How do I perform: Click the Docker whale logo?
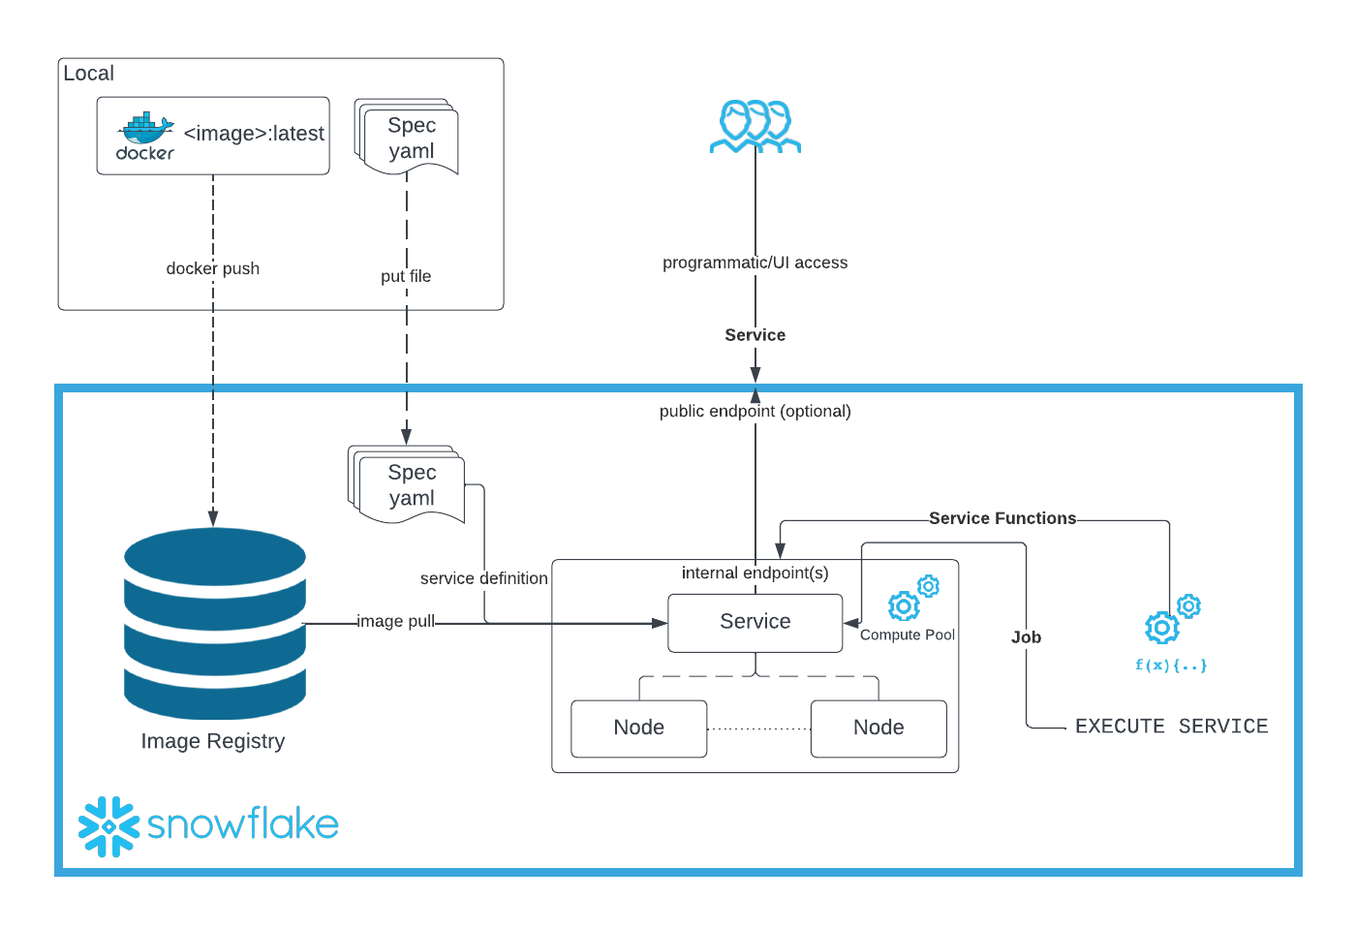[x=145, y=134]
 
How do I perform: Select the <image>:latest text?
[x=254, y=134]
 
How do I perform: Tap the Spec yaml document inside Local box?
[x=410, y=138]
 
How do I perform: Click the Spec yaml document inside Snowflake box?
[x=410, y=485]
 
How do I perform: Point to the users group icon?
[x=755, y=127]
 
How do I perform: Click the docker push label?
[x=213, y=268]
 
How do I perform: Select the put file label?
[x=406, y=276]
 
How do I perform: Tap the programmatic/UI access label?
[x=755, y=263]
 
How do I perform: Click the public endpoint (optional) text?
[x=755, y=411]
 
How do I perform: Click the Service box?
[x=755, y=622]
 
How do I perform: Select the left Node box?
[x=639, y=728]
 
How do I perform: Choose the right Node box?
[x=878, y=728]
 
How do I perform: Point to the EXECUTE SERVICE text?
[x=1171, y=727]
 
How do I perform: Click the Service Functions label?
[x=1002, y=518]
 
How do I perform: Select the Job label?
[x=1026, y=637]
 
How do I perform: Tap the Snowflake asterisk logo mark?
[x=108, y=826]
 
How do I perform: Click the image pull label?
[x=396, y=621]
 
